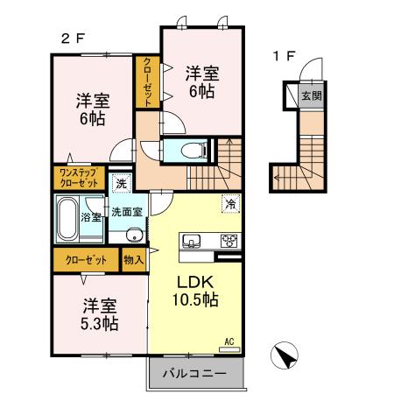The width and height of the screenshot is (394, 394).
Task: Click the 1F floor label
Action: coord(284,57)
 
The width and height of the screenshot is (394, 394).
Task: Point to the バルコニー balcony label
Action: coord(195,374)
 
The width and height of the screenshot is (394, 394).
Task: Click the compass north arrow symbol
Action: coord(284,355)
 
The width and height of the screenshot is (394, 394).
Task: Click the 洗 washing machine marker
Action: coord(122,185)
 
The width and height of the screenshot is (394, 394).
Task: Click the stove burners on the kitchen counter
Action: coord(229,241)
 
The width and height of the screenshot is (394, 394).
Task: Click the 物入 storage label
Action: coord(133,260)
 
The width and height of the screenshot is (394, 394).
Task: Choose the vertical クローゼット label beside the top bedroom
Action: coord(147,81)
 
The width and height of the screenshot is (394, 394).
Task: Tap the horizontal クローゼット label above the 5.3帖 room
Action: coord(85,260)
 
